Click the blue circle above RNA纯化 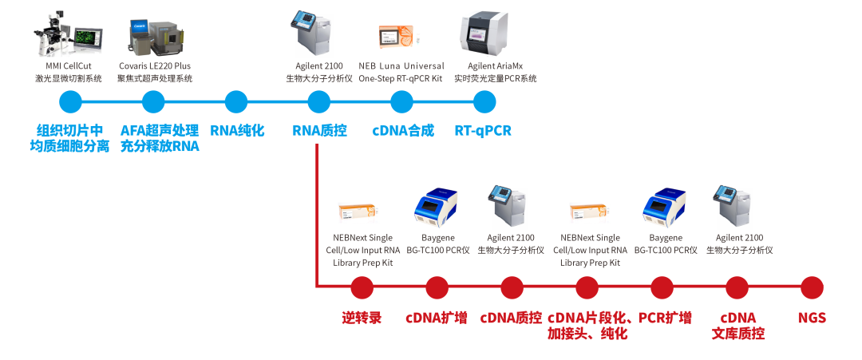click(x=235, y=102)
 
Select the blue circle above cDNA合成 click(x=401, y=102)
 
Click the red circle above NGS click(x=812, y=287)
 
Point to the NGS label click(x=812, y=318)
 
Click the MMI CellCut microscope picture click(x=69, y=34)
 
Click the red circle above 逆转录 click(x=362, y=287)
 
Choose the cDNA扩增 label click(x=437, y=318)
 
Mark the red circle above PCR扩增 click(x=662, y=287)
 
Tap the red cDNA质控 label click(x=512, y=318)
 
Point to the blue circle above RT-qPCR click(x=484, y=102)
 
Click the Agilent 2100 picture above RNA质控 click(x=310, y=34)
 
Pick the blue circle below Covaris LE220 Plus click(x=153, y=102)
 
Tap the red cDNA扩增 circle click(x=437, y=287)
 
